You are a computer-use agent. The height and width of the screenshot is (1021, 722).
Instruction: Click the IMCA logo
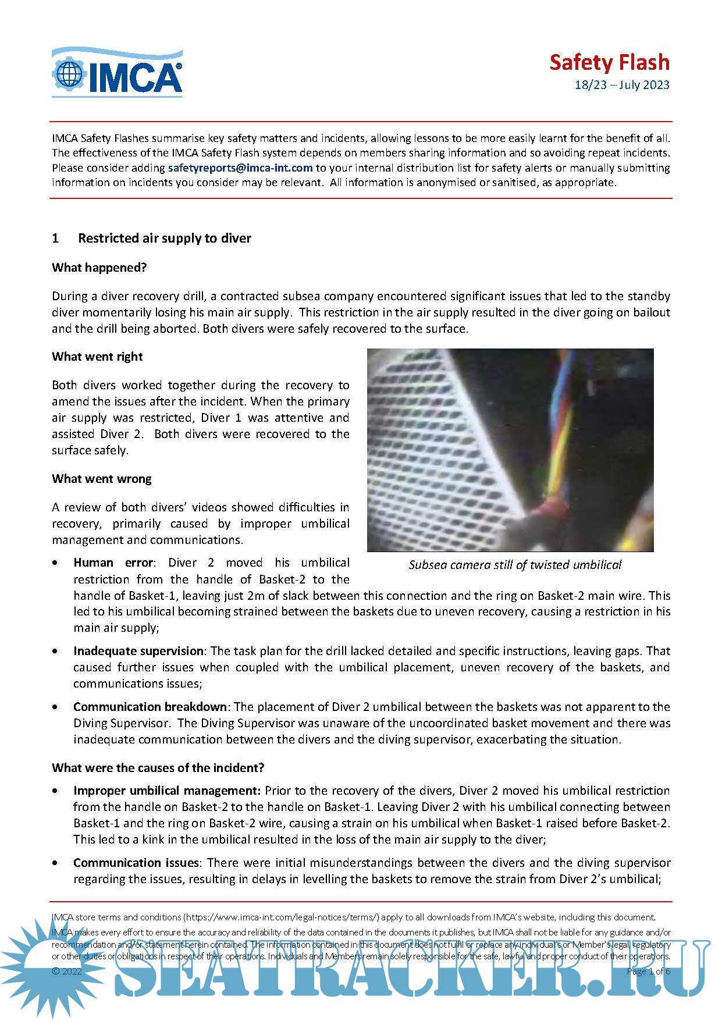tap(117, 73)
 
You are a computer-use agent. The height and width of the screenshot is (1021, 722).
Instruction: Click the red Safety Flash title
tap(609, 62)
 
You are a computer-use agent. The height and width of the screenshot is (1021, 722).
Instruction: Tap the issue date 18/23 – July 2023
tap(622, 85)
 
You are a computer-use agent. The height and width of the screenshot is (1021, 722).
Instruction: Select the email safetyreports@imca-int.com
tap(240, 168)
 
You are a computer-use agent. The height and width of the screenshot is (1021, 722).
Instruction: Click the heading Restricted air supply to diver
tap(165, 238)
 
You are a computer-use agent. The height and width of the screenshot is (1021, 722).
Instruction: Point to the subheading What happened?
tap(99, 268)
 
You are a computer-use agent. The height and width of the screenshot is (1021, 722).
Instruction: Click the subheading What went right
tap(97, 357)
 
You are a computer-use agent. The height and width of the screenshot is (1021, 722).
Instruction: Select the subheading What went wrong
tap(102, 479)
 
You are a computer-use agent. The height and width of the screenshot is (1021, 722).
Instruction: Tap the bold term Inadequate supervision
tap(138, 651)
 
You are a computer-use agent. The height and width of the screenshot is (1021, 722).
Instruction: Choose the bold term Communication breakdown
tap(150, 707)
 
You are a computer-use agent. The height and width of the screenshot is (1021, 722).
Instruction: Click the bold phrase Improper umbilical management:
tap(167, 791)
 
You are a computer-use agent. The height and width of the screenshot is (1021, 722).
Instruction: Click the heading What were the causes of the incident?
tap(158, 768)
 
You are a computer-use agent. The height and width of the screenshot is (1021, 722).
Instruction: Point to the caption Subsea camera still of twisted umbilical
tap(515, 565)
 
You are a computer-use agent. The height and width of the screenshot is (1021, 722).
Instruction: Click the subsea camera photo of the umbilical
tap(510, 450)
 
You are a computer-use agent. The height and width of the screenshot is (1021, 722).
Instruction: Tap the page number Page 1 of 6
tap(648, 971)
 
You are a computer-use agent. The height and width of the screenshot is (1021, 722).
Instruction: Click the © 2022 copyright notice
tap(67, 971)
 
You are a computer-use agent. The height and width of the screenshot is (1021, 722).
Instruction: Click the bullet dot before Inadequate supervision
tap(55, 652)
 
